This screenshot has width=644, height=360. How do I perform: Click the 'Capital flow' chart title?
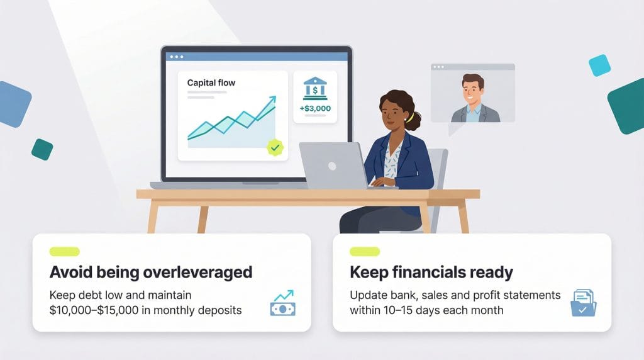[x=211, y=82]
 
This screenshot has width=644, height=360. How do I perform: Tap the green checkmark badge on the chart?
[x=275, y=147]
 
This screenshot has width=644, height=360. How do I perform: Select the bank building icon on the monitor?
[x=314, y=89]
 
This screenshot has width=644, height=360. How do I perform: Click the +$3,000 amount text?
[x=315, y=109]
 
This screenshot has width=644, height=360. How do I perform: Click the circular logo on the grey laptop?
[x=331, y=166]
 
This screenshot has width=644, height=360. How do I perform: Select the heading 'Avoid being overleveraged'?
[x=151, y=273]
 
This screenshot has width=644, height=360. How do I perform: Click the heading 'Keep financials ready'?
[x=431, y=273]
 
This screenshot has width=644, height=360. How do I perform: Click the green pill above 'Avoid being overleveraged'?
[x=64, y=252]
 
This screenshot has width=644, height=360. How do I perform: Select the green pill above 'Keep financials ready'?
[x=365, y=252]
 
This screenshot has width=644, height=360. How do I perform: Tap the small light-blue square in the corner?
[x=599, y=65]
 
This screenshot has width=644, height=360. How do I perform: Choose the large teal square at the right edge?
[x=628, y=106]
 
